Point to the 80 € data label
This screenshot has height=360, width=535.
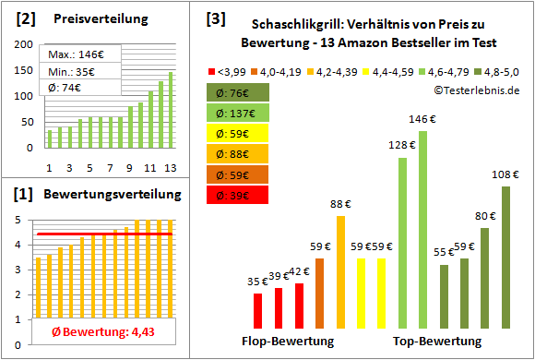pyautogui.click(x=485, y=216)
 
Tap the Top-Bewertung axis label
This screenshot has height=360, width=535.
pyautogui.click(x=437, y=342)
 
